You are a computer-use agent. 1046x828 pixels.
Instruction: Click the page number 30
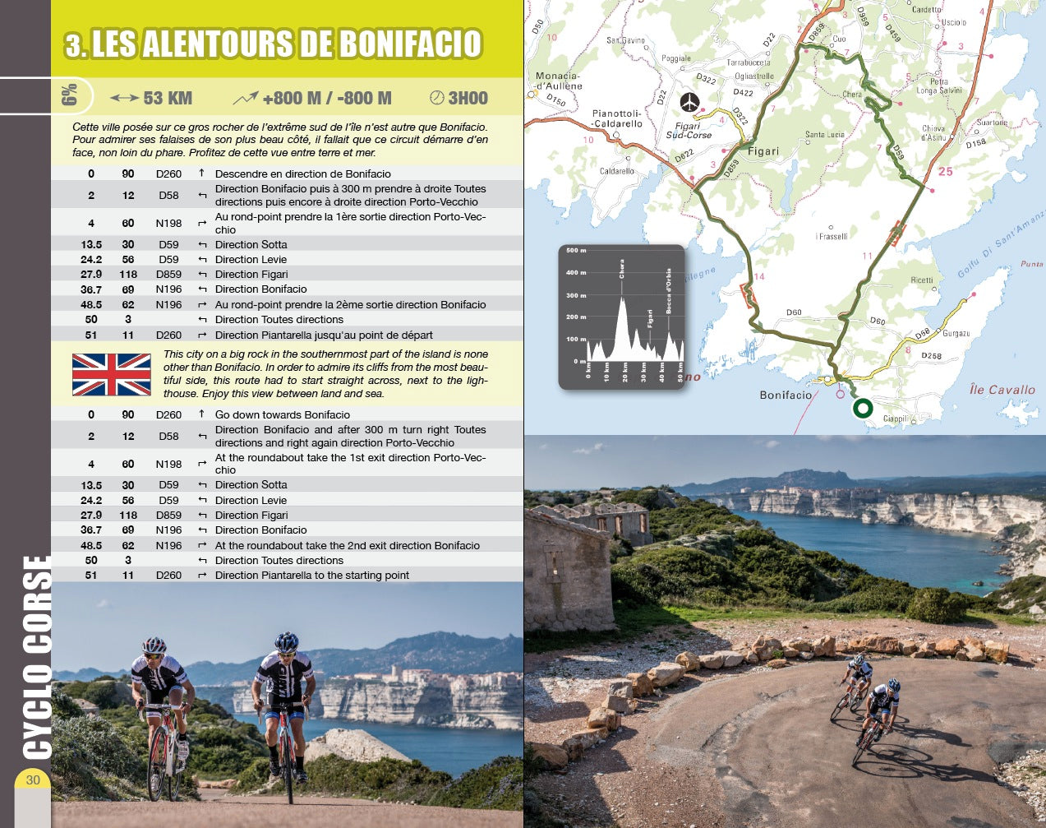pos(33,779)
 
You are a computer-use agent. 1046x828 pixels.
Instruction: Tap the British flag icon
pos(112,375)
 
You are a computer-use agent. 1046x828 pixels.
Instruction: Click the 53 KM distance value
pos(168,99)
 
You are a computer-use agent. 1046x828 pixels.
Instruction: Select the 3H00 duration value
pos(468,99)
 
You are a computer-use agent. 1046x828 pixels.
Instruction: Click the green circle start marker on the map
pos(863,408)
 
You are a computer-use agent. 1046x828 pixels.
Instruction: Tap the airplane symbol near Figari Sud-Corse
pos(689,102)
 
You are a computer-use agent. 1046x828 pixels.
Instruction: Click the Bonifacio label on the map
pos(786,395)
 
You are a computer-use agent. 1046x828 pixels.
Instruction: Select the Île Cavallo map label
pos(1002,390)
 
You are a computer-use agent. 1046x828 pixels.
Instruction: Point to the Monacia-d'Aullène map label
pos(559,81)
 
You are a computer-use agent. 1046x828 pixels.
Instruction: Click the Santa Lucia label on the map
pos(824,134)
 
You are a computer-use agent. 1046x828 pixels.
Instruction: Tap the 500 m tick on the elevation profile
pos(576,251)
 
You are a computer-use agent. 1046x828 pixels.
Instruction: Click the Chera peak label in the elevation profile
pos(622,269)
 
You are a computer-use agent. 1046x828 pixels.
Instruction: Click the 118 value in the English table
pos(128,516)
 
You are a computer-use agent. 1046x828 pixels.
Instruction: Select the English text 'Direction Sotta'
pos(251,485)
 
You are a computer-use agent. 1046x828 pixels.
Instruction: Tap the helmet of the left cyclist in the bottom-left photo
pos(154,645)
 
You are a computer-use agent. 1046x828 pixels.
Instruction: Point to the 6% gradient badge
pos(69,96)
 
